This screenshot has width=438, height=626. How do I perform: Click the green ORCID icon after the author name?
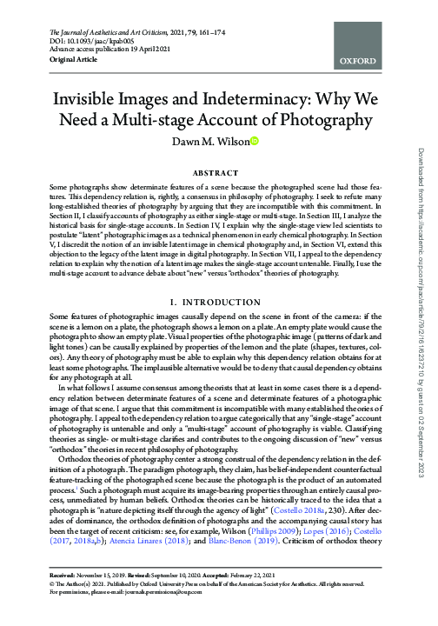tap(255, 142)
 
